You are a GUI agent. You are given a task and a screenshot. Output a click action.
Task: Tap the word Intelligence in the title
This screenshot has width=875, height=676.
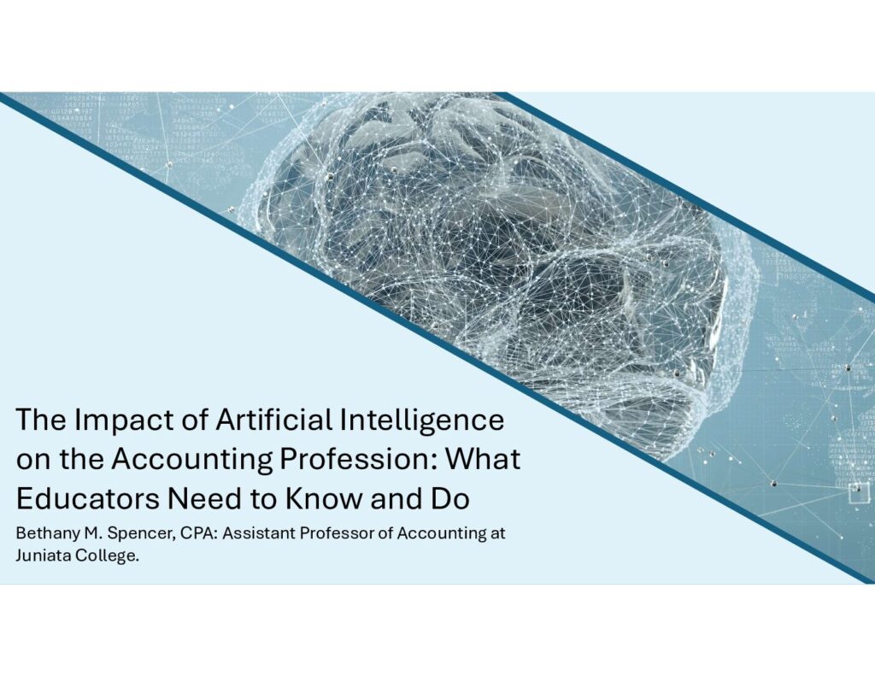[422, 420]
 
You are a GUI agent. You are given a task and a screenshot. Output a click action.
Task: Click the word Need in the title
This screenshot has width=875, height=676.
[204, 498]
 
